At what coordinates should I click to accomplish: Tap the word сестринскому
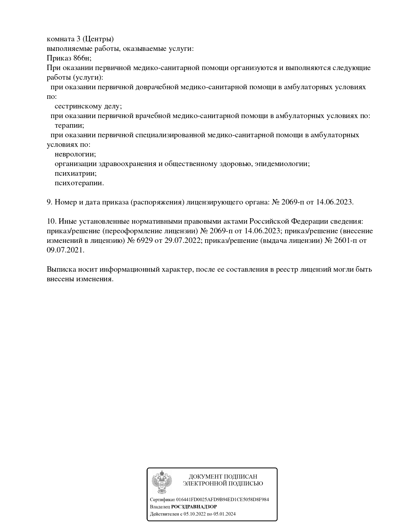click(x=78, y=106)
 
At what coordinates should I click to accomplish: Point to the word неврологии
click(x=75, y=154)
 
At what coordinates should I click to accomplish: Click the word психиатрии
click(x=76, y=173)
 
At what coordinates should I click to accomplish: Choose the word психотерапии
click(x=79, y=183)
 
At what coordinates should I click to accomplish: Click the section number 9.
click(x=49, y=202)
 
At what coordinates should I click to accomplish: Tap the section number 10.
click(x=51, y=221)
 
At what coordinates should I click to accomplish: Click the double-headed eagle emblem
click(x=162, y=482)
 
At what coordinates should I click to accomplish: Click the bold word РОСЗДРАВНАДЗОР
click(x=194, y=507)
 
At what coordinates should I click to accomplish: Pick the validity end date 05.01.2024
click(x=223, y=514)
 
